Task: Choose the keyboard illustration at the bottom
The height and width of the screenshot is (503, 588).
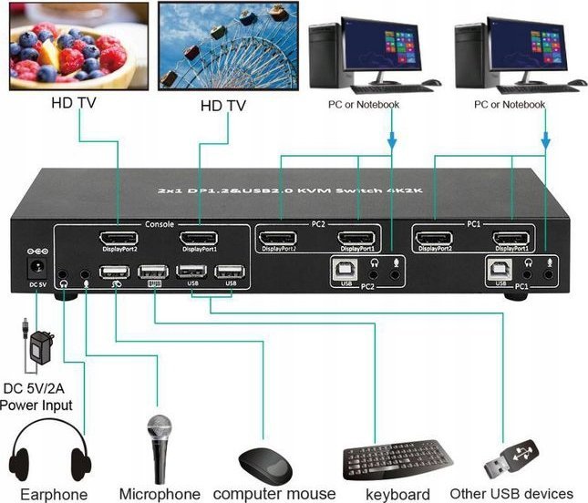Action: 397,459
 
